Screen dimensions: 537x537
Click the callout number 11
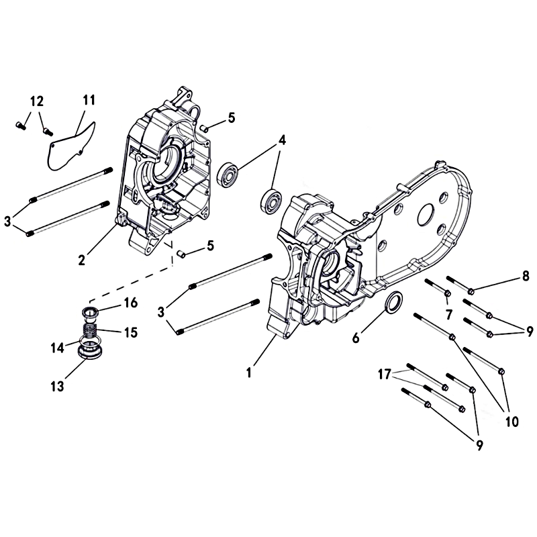(89, 100)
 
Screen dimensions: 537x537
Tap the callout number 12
(37, 101)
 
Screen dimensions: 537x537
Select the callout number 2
(81, 260)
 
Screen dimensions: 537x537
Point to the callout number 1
(249, 373)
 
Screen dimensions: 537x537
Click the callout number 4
(282, 140)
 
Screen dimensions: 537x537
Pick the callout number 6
(356, 338)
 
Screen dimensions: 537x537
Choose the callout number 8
(526, 277)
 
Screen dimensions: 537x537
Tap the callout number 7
(449, 314)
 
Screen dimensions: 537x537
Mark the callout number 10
(512, 422)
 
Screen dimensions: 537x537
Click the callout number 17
(384, 375)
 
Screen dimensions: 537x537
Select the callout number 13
(57, 387)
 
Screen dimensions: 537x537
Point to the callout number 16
(130, 303)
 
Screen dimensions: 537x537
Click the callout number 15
(131, 332)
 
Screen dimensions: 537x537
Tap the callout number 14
(57, 348)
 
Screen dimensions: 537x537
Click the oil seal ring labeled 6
(394, 301)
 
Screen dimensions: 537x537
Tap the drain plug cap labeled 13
(91, 352)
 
